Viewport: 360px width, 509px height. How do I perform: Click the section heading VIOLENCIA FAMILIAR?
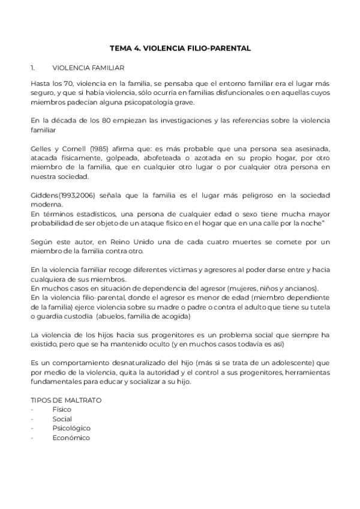tap(88, 68)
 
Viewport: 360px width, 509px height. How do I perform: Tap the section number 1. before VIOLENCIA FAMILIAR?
tap(34, 68)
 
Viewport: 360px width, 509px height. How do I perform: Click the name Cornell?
tap(73, 148)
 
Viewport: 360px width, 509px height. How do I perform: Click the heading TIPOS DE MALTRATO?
tap(66, 399)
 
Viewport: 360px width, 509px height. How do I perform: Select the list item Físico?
tap(62, 409)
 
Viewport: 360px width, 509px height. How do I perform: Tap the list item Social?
tap(62, 418)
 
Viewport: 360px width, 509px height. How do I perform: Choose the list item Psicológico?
tap(71, 428)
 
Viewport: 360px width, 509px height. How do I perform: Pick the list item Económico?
tap(71, 438)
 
